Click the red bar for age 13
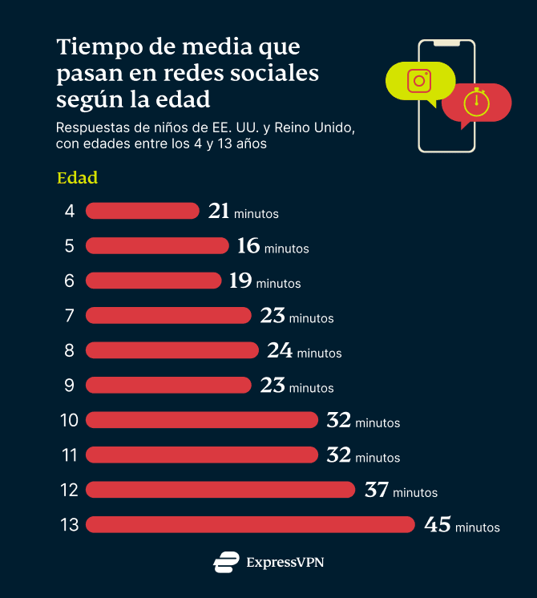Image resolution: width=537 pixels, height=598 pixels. (x=250, y=524)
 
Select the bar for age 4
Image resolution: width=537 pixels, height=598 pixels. (x=142, y=211)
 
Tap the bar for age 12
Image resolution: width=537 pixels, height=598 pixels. (x=220, y=489)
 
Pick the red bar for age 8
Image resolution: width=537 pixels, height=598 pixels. (x=172, y=350)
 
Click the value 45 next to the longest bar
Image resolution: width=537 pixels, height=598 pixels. (x=438, y=525)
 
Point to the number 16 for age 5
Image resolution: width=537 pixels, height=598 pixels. (x=248, y=246)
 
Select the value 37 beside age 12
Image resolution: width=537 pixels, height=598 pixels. (x=377, y=490)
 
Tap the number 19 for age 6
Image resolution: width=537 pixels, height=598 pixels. (x=240, y=281)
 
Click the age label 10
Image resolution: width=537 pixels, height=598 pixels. (x=69, y=420)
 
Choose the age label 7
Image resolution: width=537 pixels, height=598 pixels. (x=70, y=316)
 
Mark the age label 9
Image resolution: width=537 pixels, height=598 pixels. (x=70, y=385)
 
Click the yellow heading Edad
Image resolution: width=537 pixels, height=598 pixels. (x=77, y=178)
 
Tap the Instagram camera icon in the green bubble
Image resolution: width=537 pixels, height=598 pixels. (x=419, y=81)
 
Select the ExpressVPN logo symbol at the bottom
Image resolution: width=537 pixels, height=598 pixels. (x=226, y=562)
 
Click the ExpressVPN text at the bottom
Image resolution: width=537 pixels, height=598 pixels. (x=285, y=563)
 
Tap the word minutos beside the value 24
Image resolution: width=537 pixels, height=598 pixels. (x=319, y=353)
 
